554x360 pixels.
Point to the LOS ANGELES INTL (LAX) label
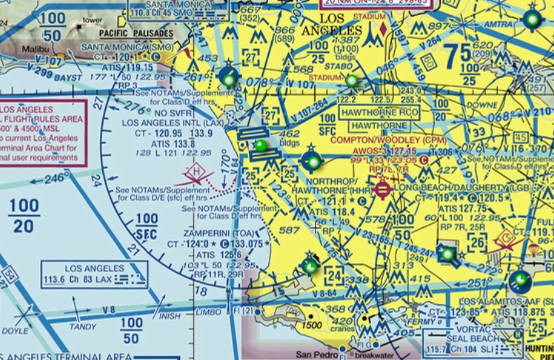tap(170, 122)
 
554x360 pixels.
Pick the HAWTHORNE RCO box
tap(379, 113)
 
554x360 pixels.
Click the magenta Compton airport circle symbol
tap(382, 190)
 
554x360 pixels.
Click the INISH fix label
tap(170, 316)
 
